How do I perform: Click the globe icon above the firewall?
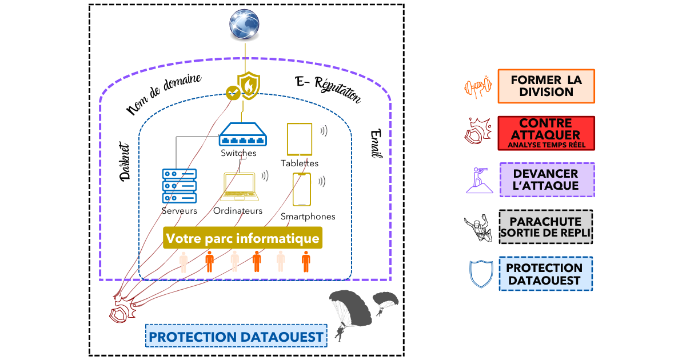(244, 25)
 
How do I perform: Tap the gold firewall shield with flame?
(249, 86)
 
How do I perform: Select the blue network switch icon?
(243, 134)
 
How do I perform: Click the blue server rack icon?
(180, 186)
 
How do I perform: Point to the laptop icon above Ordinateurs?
(239, 187)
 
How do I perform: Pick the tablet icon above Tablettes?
(300, 139)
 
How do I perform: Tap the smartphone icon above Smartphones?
(302, 190)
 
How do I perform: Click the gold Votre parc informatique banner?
(242, 238)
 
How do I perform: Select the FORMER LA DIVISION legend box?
(547, 86)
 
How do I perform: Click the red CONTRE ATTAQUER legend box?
(547, 133)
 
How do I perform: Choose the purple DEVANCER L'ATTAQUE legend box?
(547, 179)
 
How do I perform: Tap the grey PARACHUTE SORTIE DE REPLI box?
(546, 227)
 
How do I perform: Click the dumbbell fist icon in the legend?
(478, 87)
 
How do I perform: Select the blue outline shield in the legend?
(481, 274)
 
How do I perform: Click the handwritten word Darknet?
(125, 162)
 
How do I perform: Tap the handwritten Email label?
(376, 143)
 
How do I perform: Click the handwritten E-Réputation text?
(328, 89)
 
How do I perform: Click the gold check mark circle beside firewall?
(233, 93)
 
